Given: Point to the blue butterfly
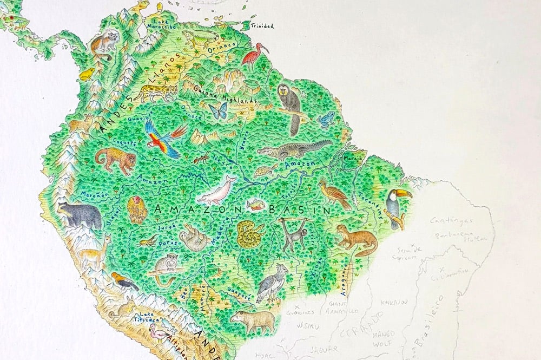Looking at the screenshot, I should click(x=218, y=111).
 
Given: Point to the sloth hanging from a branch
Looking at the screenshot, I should click(x=194, y=238).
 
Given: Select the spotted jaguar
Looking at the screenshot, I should click(x=155, y=93).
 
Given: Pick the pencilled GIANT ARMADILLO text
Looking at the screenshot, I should click(x=340, y=307).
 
